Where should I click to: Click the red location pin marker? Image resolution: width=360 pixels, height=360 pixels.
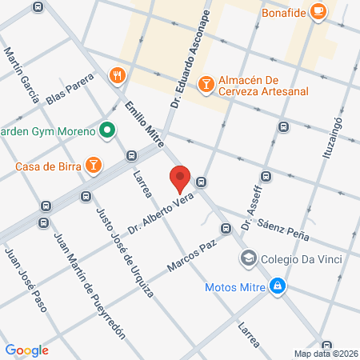point(179,178)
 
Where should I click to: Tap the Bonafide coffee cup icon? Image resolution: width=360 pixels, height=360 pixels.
point(318,10)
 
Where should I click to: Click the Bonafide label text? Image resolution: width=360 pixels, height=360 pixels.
point(283,12)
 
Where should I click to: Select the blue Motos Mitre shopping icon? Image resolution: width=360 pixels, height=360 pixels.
point(277,286)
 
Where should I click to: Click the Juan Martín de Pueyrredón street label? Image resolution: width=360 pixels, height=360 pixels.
point(89,285)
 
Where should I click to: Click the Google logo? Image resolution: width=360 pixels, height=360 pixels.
point(26,350)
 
